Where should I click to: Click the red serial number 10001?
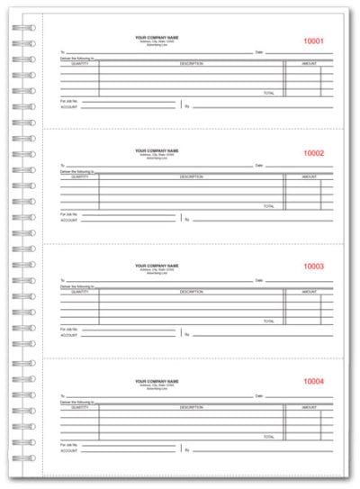314,41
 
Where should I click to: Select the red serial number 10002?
314,153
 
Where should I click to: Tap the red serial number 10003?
314,267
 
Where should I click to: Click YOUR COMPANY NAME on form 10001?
157,37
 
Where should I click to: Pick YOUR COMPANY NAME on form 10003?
157,266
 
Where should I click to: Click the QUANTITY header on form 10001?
78,64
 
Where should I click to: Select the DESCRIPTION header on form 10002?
190,177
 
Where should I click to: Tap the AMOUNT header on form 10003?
309,292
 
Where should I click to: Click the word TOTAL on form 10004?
268,435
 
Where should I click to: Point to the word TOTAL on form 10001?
268,93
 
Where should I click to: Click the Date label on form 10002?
259,166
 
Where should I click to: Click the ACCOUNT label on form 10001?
69,108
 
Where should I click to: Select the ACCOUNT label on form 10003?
69,335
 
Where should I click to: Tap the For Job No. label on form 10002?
69,214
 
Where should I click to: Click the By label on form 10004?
186,448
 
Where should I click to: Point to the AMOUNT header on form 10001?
309,64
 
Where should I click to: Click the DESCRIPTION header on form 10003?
190,292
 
